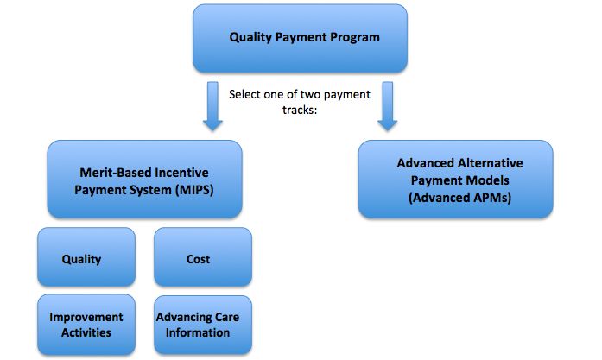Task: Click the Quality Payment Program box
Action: [x=300, y=38]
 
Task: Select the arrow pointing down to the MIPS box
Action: [x=212, y=106]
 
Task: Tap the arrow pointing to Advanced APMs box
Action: [x=388, y=106]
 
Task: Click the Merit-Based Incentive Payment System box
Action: [x=145, y=180]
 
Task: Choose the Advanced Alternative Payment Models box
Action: [x=456, y=180]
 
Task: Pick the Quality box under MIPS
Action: [x=86, y=256]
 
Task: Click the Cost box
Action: [x=203, y=256]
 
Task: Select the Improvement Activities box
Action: [x=86, y=325]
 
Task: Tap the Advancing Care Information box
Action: [x=203, y=325]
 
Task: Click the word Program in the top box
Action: [x=355, y=38]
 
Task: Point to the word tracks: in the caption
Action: [x=300, y=111]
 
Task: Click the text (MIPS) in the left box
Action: [x=194, y=190]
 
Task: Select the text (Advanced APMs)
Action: [x=460, y=198]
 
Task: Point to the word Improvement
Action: [x=86, y=317]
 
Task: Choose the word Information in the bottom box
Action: [x=198, y=332]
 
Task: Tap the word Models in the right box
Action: [x=490, y=180]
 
